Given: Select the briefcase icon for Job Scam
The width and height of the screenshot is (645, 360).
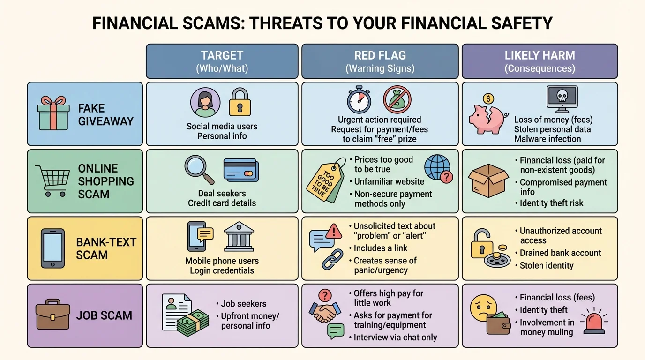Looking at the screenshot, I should point(52,315).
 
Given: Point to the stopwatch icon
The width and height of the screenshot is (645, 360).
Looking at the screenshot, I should point(359,99).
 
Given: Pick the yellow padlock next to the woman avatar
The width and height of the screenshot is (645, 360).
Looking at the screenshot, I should point(240,102).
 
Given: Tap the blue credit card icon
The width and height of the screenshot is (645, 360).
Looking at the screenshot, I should point(241,170).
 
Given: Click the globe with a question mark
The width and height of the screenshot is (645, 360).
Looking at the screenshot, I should point(438,168).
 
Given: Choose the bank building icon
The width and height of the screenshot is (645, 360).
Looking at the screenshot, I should point(239,237).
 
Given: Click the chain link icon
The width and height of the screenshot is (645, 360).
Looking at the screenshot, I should point(332,259).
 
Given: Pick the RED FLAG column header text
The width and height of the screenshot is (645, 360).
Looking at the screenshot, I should point(380,56).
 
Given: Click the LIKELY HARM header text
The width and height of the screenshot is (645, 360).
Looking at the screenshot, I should point(540,56).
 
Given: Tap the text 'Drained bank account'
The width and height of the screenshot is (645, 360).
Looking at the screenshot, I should point(560,253).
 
